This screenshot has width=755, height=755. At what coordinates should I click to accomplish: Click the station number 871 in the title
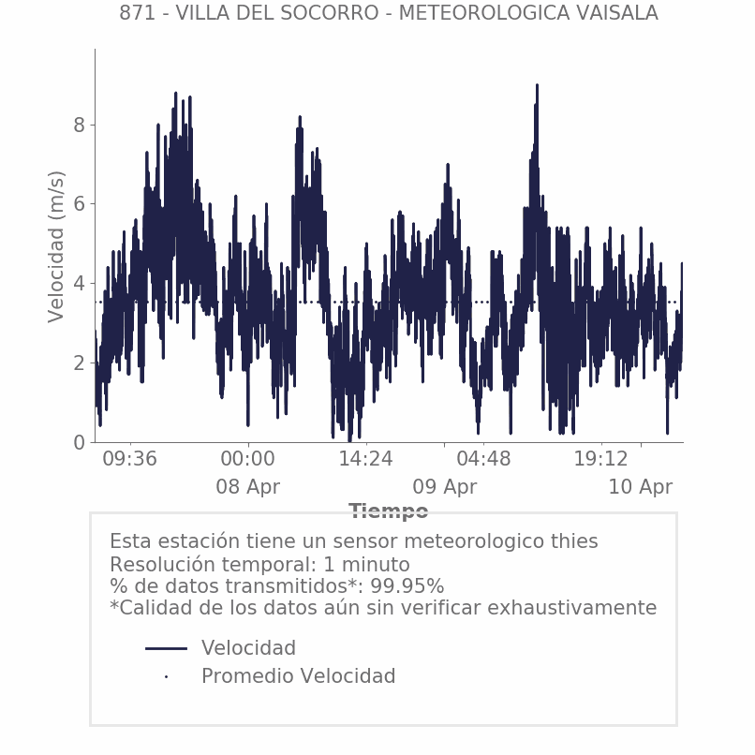(x=136, y=13)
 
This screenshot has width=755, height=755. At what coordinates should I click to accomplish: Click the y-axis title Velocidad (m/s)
(x=57, y=247)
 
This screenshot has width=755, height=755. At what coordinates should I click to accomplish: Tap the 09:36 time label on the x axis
(x=129, y=459)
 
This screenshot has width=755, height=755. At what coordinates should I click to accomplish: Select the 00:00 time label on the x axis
(x=247, y=459)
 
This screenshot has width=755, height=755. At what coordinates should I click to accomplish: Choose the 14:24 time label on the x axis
(x=365, y=459)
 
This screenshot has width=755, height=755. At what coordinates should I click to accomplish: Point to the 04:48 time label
(x=483, y=459)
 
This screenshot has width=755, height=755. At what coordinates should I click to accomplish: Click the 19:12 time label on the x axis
(x=600, y=459)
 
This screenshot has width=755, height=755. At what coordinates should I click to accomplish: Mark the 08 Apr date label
(x=247, y=487)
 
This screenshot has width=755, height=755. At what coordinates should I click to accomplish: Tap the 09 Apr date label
(x=444, y=487)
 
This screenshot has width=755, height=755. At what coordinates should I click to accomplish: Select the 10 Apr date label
(x=640, y=487)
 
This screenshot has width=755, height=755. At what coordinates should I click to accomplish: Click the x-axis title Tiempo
(x=388, y=511)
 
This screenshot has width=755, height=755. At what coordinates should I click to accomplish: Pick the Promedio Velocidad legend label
(x=298, y=676)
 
